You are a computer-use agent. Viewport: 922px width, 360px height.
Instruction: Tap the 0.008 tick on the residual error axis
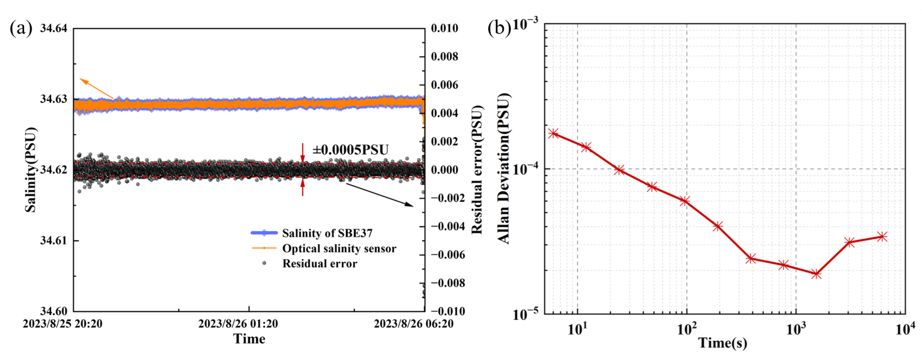pos(444,57)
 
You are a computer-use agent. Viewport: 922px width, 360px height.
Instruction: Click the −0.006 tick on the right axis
pos(447,255)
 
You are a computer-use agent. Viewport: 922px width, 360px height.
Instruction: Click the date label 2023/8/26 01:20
pos(238,324)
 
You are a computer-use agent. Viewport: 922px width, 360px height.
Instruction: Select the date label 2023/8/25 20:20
pos(62,324)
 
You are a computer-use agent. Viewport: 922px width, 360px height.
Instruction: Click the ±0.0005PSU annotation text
pos(351,150)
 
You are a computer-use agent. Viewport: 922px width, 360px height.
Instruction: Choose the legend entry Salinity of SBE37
pos(327,233)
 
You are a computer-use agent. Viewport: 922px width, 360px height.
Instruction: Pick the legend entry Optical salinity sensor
pos(339,248)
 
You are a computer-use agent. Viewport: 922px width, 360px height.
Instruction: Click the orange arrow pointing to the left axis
pos(96,88)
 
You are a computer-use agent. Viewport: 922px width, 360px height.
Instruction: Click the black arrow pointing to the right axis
pos(379,195)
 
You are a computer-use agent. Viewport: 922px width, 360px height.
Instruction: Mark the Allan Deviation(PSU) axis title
pos(504,168)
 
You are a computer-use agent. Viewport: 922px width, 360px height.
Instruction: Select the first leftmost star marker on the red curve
pos(554,133)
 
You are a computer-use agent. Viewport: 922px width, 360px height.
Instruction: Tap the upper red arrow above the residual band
pos(302,153)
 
